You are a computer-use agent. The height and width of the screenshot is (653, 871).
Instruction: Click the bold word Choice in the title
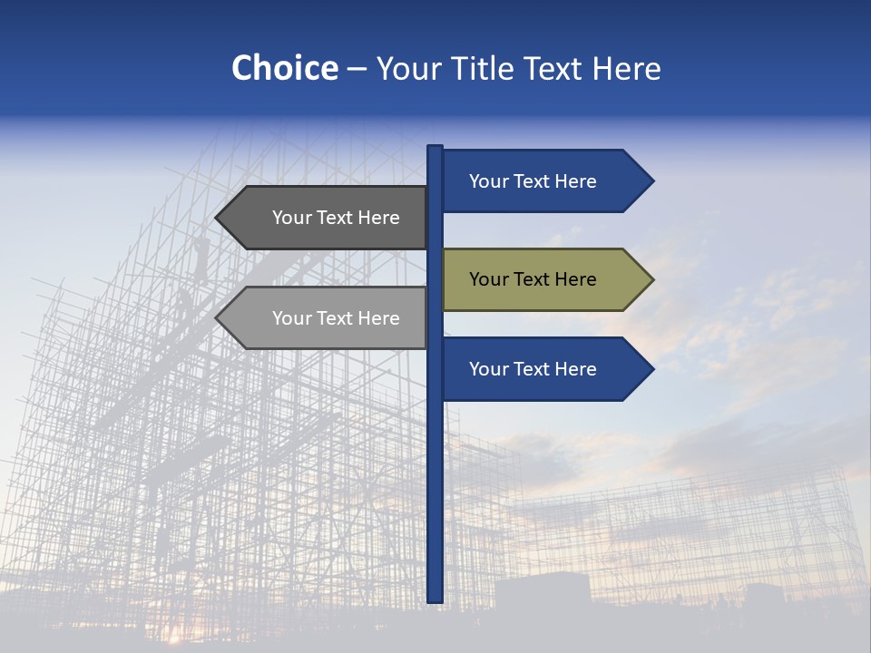tap(284, 68)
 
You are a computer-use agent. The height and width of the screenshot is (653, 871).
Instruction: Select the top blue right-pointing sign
tap(544, 180)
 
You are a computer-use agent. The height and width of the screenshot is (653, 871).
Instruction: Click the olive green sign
tap(544, 279)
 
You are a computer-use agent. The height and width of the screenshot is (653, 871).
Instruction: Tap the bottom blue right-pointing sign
tap(544, 369)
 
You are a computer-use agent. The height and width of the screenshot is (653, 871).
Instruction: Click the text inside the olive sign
tap(533, 279)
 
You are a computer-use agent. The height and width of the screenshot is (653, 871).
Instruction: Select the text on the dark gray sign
tap(336, 218)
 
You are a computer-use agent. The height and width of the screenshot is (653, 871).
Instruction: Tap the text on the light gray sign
tap(336, 318)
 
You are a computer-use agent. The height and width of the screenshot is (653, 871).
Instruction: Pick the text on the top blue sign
tap(533, 181)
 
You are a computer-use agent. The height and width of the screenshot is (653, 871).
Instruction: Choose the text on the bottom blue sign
tap(533, 369)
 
